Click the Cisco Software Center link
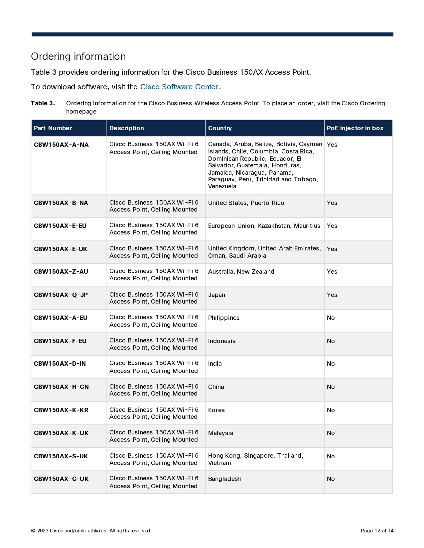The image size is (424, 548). point(179,87)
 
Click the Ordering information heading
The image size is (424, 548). point(78,56)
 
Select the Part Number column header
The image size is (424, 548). point(53,128)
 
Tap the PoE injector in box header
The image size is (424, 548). point(355,128)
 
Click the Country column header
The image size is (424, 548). point(220,128)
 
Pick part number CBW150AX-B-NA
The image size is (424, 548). point(61,203)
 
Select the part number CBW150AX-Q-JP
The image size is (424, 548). point(61,295)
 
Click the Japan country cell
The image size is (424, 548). point(216,295)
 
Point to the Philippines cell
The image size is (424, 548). point(223,318)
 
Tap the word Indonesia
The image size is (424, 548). point(222,341)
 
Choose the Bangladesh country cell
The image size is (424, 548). point(224,479)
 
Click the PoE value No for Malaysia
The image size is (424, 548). point(331,433)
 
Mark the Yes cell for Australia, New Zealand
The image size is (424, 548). point(332,272)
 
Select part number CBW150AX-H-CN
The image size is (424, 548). point(61,387)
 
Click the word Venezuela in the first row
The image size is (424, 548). point(222,186)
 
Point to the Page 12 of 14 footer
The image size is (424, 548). point(377,531)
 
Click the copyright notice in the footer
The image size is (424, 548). point(91,531)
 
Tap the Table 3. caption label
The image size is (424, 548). point(43,103)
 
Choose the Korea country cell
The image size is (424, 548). point(216,410)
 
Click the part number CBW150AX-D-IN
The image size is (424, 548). point(60,364)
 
